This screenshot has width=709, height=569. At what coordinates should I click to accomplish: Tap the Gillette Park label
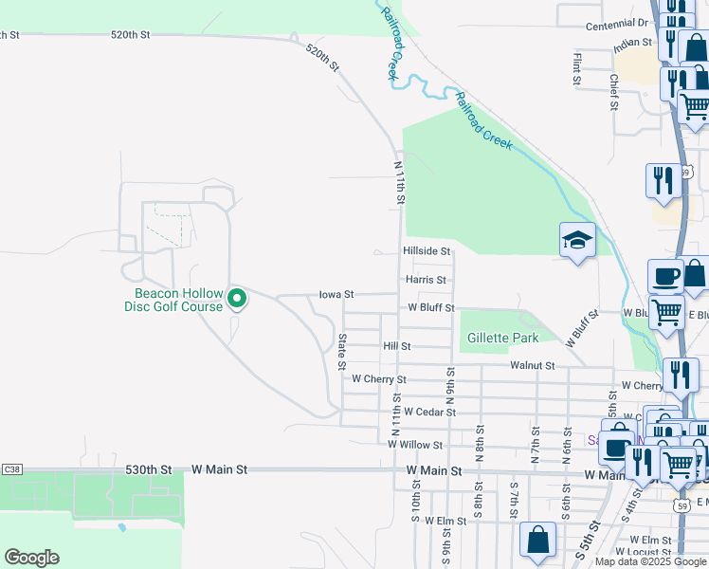[500, 339]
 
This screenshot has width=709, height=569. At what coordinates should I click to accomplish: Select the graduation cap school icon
[576, 241]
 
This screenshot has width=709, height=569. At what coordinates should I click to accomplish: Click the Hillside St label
[426, 250]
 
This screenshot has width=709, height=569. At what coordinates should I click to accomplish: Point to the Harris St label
[426, 280]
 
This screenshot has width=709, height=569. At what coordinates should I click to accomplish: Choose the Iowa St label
[336, 295]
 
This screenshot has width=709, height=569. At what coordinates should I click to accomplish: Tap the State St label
[342, 351]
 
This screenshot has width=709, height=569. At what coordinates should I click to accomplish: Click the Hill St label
[396, 347]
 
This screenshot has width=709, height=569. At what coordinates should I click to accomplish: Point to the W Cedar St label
[429, 413]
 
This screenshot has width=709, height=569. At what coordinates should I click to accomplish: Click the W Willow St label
[415, 444]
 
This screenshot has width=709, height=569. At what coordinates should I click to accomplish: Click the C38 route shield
[12, 469]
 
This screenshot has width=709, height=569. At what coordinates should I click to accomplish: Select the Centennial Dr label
[617, 24]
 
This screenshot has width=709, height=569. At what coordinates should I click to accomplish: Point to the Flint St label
[576, 68]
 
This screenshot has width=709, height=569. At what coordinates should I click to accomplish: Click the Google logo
[31, 558]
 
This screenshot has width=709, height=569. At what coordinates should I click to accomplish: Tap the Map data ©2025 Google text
[650, 561]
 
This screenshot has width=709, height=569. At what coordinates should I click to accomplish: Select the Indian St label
[632, 44]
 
